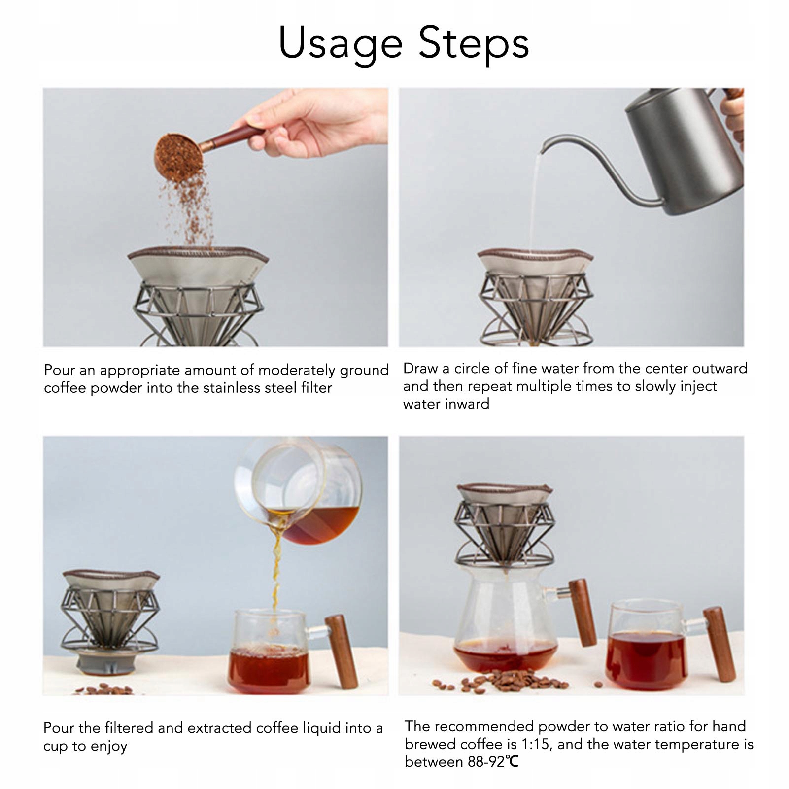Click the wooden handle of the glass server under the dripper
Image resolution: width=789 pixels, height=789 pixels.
point(583,613)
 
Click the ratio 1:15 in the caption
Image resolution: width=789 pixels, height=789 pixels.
point(536,744)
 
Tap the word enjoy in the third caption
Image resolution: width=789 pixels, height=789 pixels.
point(108,746)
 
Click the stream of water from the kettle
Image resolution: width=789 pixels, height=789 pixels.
point(534,202)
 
